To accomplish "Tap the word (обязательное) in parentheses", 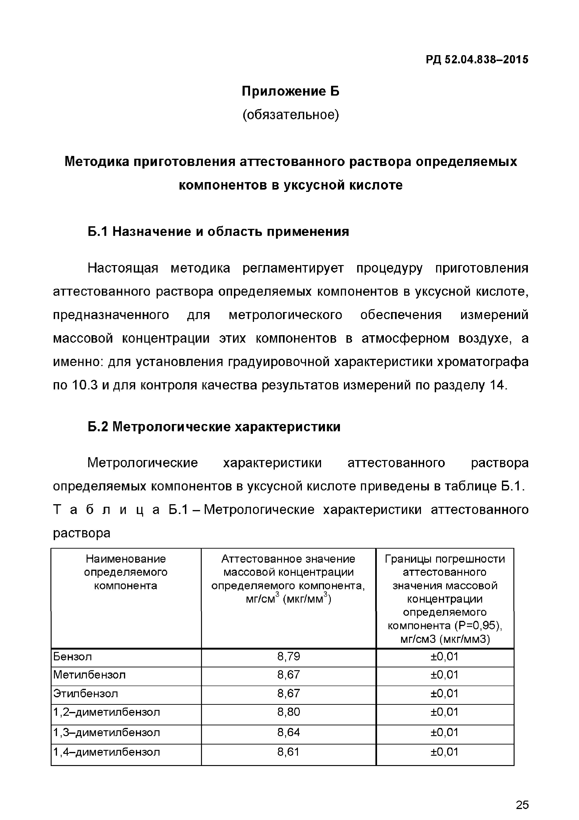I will pyautogui.click(x=290, y=115).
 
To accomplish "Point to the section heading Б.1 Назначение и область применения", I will pyautogui.click(x=218, y=232).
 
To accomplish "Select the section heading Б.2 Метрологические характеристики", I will pyautogui.click(x=214, y=427).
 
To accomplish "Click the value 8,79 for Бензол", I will pyautogui.click(x=289, y=656).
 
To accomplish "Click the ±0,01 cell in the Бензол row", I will pyautogui.click(x=445, y=656).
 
